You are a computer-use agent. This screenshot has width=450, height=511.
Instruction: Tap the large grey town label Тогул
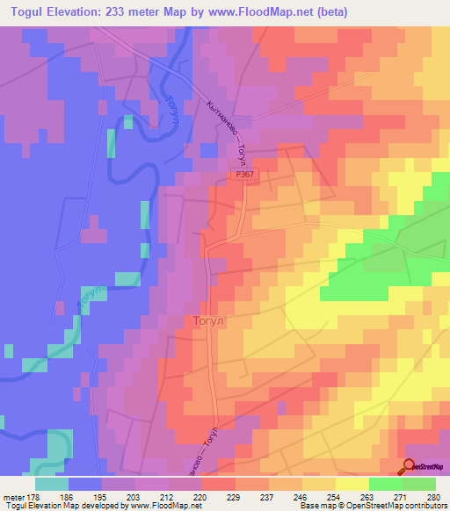pos(209,321)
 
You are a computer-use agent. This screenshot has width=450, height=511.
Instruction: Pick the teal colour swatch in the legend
pos(51,483)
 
